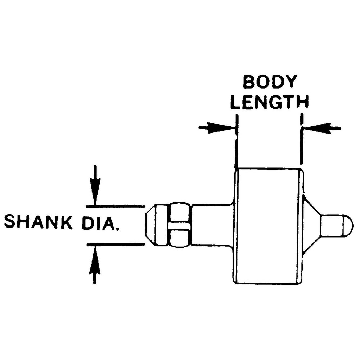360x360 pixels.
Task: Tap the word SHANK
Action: [x=39, y=221]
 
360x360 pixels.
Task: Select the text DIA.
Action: [x=100, y=222]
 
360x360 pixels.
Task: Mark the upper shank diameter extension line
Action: [x=116, y=206]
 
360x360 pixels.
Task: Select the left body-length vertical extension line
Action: [x=237, y=141]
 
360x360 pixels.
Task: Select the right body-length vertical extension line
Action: [x=302, y=139]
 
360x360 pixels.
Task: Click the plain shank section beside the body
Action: [x=212, y=225]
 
